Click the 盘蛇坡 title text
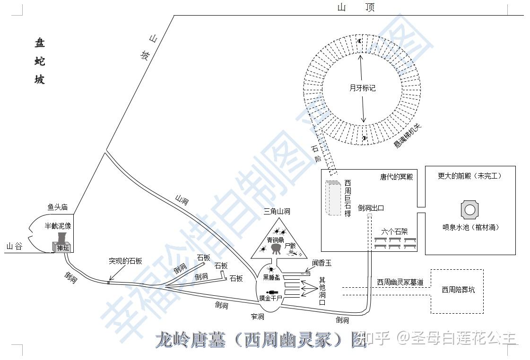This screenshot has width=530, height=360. tap(40, 61)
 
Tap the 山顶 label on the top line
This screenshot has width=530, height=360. tap(356, 7)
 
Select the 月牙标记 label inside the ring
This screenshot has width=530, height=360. tap(362, 88)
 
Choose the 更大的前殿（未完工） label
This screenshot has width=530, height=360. tap(469, 176)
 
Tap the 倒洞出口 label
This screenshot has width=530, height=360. tap(371, 207)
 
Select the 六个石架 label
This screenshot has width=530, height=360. tap(394, 231)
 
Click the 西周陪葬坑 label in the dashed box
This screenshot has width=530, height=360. tap(458, 290)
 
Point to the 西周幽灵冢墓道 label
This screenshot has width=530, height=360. tap(400, 282)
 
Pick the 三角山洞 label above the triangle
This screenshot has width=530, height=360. tap(277, 212)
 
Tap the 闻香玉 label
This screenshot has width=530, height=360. tap(321, 263)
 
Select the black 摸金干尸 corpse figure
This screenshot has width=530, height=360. tap(272, 291)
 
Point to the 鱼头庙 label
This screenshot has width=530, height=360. tap(58, 207)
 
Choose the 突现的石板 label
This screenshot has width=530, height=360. tap(125, 261)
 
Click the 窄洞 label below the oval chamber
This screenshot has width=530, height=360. tap(258, 316)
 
